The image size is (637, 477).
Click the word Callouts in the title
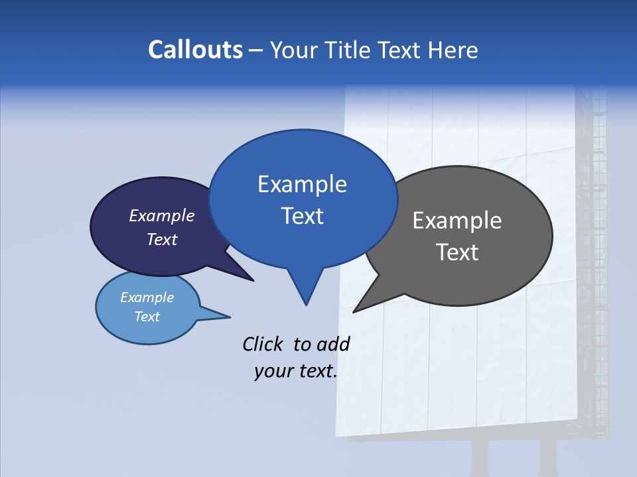(x=195, y=50)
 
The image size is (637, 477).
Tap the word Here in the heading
(x=453, y=50)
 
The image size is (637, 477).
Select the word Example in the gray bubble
(x=457, y=221)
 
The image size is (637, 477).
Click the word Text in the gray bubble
(x=457, y=252)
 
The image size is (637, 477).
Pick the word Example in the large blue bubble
(x=302, y=184)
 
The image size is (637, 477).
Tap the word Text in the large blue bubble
(x=302, y=216)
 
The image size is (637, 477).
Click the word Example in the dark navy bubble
(x=162, y=215)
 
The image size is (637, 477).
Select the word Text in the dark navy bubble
(x=162, y=239)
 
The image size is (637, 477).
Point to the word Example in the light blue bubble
(x=147, y=297)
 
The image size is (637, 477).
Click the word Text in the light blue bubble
(x=147, y=317)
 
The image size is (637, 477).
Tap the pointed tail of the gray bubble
(x=358, y=309)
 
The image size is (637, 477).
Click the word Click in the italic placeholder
(x=263, y=344)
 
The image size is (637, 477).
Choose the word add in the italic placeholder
(x=333, y=344)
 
